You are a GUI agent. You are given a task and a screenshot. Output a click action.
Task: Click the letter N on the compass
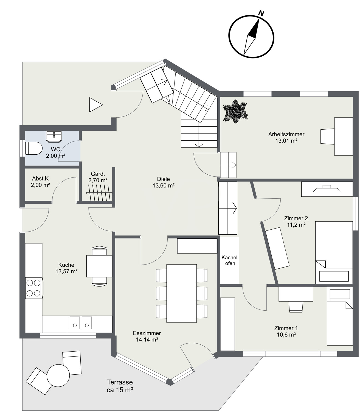[x=261, y=13]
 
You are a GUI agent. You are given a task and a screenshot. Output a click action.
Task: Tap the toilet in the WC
[x=33, y=148]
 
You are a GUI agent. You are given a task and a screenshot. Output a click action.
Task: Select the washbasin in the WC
[x=54, y=137]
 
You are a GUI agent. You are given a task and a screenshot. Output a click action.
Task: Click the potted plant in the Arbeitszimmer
[x=235, y=112]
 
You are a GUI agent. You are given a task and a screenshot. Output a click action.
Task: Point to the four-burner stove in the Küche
[x=34, y=288]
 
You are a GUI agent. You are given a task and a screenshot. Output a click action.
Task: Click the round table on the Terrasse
[x=58, y=375]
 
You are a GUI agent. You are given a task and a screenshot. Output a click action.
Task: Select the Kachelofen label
[x=230, y=260]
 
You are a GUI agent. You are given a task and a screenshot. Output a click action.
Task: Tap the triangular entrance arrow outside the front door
[x=95, y=105]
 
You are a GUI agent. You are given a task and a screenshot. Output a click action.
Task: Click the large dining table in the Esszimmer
[x=181, y=293]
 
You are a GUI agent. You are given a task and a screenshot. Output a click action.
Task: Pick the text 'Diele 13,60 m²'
[x=164, y=182]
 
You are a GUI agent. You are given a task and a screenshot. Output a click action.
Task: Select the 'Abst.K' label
[x=40, y=179]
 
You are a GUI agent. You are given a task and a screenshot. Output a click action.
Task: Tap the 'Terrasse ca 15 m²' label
[x=120, y=386]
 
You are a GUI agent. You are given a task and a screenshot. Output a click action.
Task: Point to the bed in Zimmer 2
[x=334, y=252]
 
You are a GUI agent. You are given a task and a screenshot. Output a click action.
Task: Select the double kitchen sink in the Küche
[x=81, y=322]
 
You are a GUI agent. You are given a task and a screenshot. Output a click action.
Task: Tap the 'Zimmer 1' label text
[x=286, y=328]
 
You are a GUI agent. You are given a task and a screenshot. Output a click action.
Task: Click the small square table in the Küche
[x=99, y=266]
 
